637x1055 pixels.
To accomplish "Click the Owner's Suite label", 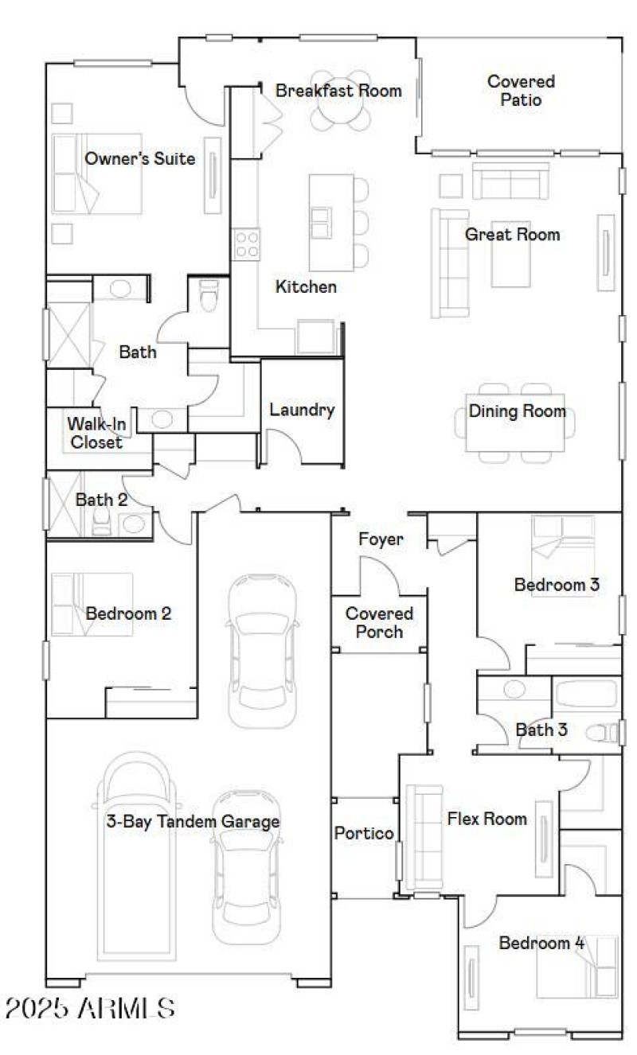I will (x=139, y=159).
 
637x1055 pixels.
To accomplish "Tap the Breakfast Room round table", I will (x=340, y=113).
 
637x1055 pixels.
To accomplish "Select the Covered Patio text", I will (x=521, y=91).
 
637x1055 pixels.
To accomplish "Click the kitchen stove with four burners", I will (x=246, y=243).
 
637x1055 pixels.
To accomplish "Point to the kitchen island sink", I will (x=322, y=221).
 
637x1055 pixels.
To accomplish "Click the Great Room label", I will (x=512, y=235).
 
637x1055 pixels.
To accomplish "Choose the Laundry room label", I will (x=301, y=411).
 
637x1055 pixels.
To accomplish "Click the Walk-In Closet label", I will (x=96, y=433).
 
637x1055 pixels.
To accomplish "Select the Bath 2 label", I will (x=101, y=500).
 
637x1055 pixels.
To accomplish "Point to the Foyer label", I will (x=381, y=539).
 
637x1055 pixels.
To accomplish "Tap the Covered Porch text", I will (x=379, y=623).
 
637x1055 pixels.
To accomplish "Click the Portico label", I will (x=363, y=833).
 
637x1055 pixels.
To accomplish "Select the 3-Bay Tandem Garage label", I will (x=193, y=822).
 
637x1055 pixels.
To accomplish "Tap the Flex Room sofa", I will (x=423, y=837).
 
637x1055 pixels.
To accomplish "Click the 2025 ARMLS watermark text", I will (x=90, y=1008).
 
